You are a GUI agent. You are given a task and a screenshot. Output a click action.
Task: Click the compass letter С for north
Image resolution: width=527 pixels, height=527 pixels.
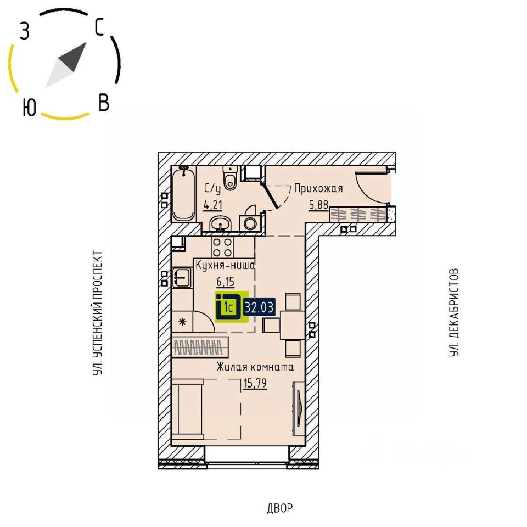point(99,27)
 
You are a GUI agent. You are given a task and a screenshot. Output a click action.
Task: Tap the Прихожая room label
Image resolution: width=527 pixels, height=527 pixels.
point(318,189)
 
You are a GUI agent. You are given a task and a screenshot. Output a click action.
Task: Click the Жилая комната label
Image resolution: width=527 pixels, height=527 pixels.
point(255,367)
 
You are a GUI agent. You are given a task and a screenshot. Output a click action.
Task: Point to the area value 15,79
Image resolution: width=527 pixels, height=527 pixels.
point(255,383)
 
